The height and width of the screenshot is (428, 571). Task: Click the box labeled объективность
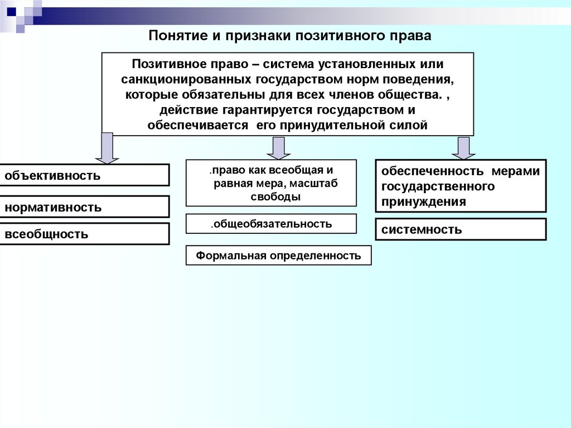[84, 175]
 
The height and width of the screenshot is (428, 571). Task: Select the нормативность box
[84, 207]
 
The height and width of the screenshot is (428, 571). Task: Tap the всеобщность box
[84, 234]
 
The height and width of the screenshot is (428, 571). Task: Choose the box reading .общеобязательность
[271, 224]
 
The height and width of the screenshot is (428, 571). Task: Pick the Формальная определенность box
[278, 256]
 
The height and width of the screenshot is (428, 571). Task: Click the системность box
[461, 229]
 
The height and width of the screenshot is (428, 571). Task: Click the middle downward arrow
[278, 148]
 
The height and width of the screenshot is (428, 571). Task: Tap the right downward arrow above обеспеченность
[462, 148]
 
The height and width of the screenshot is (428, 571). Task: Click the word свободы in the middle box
[272, 196]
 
